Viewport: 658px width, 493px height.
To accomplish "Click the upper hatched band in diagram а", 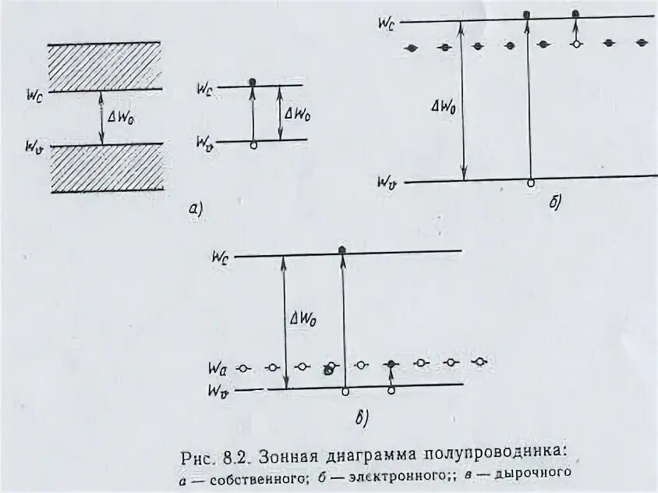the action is (104, 66).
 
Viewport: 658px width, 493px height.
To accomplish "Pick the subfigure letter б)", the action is (554, 204).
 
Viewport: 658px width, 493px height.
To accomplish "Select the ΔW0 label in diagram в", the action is (302, 318).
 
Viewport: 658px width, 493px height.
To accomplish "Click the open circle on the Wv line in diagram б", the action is (531, 183).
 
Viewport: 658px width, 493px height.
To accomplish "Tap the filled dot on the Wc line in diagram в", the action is (342, 249).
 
